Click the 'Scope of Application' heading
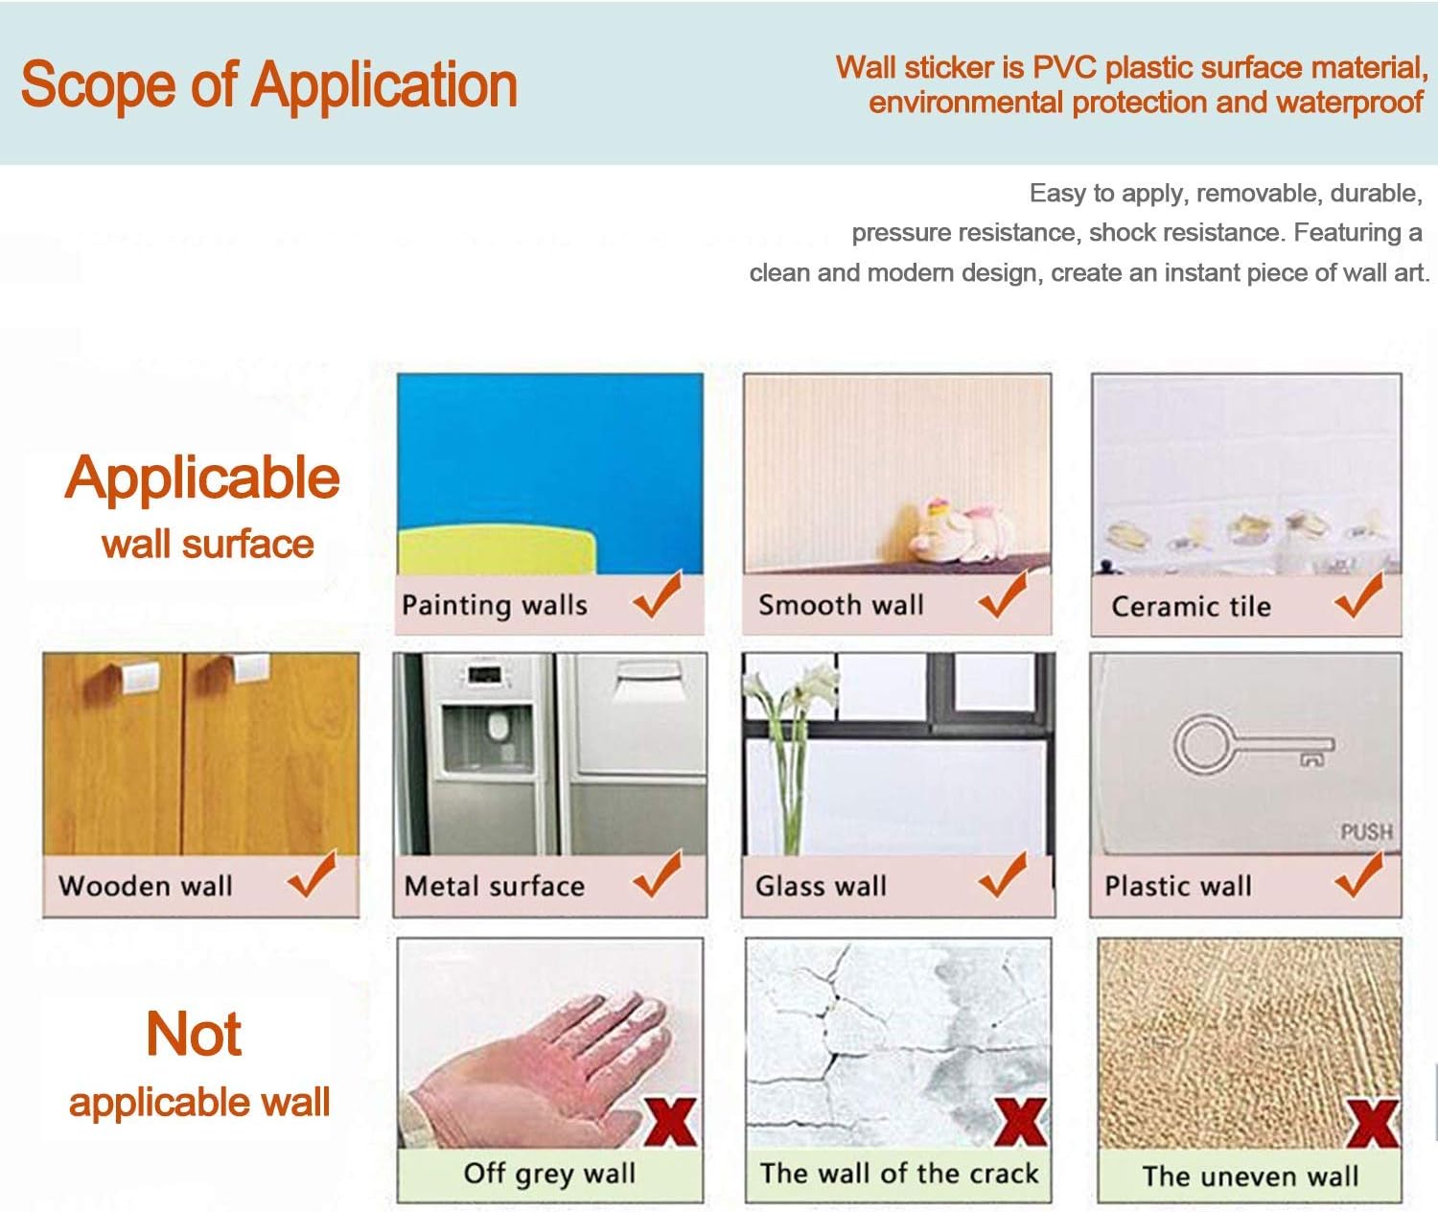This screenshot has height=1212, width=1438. [x=269, y=85]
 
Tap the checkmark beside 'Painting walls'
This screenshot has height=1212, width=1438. [x=657, y=594]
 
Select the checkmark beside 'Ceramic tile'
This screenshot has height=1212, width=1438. [x=1358, y=595]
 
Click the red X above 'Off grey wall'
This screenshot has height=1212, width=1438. [x=669, y=1122]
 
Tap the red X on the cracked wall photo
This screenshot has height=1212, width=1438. [x=1021, y=1122]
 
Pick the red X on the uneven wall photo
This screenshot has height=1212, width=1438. [x=1373, y=1123]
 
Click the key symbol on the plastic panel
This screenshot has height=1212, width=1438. [x=1253, y=746]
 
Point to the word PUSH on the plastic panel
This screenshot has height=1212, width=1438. [x=1366, y=832]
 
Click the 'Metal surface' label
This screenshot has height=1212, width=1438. [x=494, y=886]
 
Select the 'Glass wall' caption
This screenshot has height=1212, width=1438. [x=821, y=886]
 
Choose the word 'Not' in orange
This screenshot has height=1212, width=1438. [x=194, y=1034]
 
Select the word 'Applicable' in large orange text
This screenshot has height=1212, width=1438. [x=201, y=478]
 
